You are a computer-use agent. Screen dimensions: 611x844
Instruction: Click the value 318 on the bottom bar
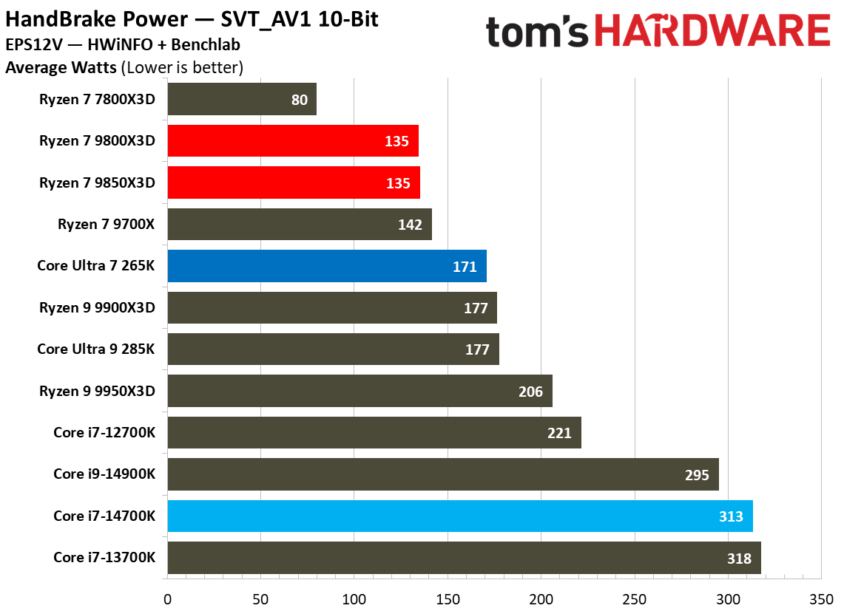(738, 559)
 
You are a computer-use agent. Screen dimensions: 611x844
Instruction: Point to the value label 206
(530, 392)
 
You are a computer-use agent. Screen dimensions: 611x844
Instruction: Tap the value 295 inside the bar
(697, 475)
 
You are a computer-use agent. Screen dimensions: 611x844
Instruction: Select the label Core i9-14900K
(104, 474)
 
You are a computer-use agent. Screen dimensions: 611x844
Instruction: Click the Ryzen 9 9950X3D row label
(98, 391)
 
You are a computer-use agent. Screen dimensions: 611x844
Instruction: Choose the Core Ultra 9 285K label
(96, 349)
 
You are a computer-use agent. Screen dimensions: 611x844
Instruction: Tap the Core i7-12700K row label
(104, 432)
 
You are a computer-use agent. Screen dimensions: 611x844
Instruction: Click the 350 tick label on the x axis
(821, 597)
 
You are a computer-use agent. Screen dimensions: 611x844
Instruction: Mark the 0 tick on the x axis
(168, 597)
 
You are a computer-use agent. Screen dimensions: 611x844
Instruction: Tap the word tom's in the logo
(537, 32)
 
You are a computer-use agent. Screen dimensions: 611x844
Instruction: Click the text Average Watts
(61, 68)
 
